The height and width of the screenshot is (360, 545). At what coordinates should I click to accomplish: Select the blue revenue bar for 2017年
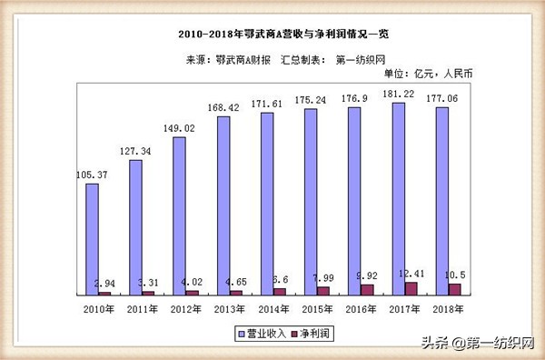(x=398, y=198)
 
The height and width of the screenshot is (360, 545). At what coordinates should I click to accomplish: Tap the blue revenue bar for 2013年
(x=223, y=205)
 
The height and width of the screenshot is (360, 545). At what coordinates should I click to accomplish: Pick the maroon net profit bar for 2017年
(x=411, y=288)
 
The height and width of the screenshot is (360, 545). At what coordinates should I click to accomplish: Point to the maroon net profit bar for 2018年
(x=454, y=289)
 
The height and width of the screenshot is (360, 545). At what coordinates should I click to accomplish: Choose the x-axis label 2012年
(x=185, y=309)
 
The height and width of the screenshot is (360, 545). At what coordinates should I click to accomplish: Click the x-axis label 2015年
(x=316, y=309)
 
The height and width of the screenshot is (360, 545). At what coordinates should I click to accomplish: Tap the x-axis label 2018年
(x=447, y=309)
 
